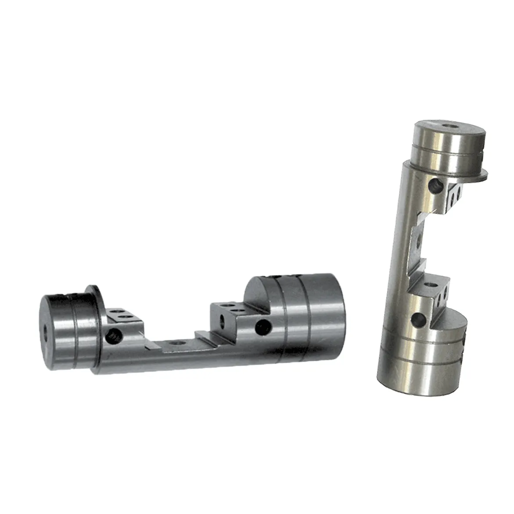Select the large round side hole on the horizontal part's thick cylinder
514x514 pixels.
(x=263, y=325)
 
